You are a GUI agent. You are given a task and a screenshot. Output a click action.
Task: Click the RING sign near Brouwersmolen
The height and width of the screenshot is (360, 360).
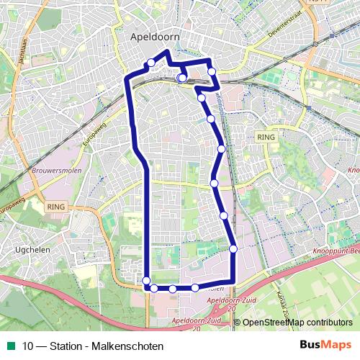pos(55,206)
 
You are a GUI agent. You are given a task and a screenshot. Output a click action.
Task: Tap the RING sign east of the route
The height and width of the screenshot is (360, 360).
pos(266,136)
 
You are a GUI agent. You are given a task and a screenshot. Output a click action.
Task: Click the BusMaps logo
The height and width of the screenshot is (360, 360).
pos(325,346)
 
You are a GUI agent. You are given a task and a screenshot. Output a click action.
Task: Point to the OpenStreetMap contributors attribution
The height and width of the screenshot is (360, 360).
pos(297,323)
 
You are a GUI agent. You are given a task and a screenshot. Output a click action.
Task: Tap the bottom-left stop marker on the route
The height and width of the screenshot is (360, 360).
pos(146,281)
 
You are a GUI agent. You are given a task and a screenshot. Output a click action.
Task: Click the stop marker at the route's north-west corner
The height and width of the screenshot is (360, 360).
pos(150,63)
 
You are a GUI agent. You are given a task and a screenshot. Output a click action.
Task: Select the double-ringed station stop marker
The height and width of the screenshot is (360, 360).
pos(181,78)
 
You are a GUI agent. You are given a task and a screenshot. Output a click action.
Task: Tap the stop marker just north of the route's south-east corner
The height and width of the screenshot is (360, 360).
pos(233,249)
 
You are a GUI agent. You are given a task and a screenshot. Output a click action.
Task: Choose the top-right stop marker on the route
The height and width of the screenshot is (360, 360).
pos(212,71)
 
